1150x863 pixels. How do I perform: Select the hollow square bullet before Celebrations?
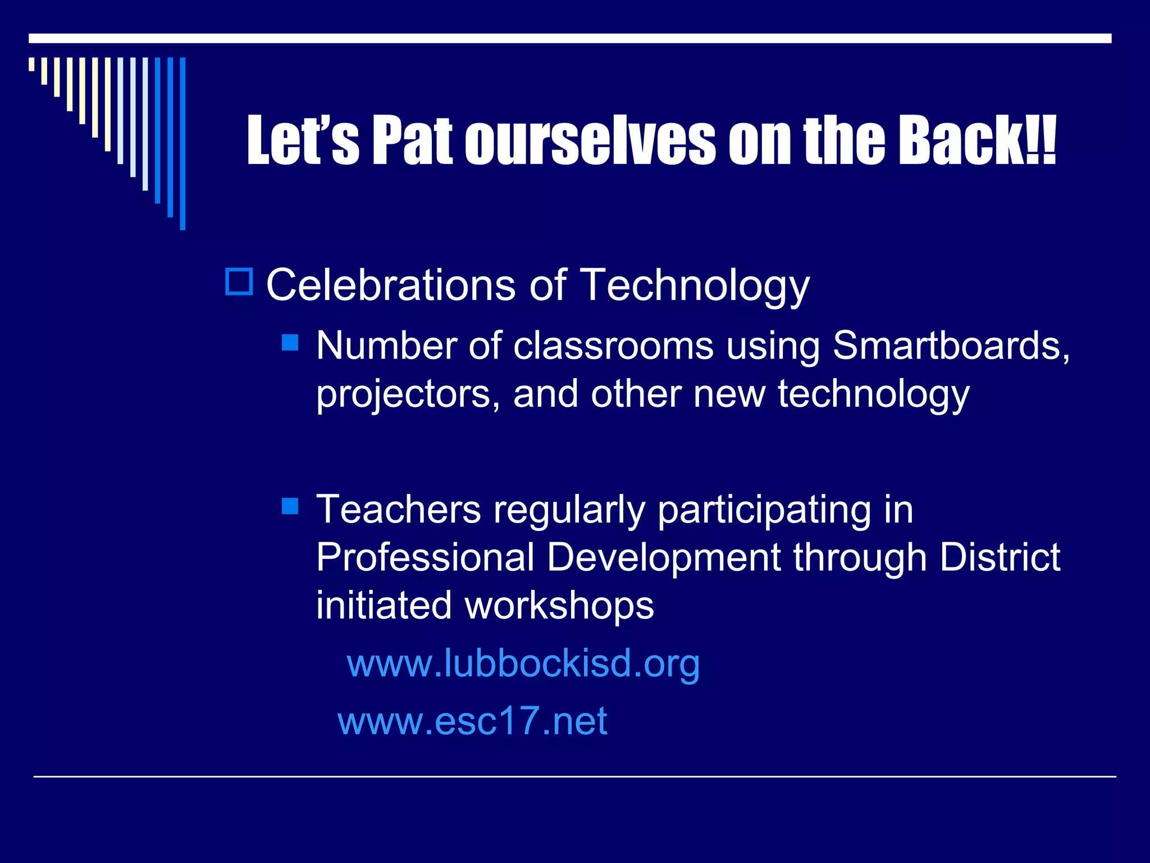pos(239,282)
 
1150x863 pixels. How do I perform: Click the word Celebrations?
pos(390,285)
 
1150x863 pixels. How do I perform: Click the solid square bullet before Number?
pos(290,343)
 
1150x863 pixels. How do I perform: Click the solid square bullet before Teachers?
pos(290,507)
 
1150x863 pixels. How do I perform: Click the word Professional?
pos(425,557)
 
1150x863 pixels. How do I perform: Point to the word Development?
pos(664,558)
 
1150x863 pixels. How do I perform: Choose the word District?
pos(1000,557)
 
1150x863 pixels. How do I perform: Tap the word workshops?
pos(559,606)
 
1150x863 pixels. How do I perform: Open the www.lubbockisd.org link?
pos(523,664)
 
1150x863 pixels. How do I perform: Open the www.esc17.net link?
pos(472,721)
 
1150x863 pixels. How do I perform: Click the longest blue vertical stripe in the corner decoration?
pos(182,143)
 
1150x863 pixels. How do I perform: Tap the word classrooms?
pos(613,345)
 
